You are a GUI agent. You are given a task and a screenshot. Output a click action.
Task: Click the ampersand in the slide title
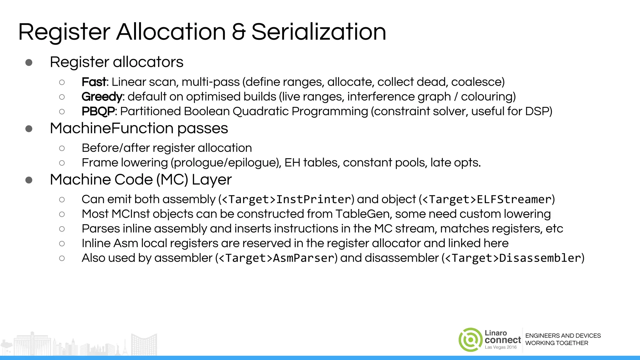[239, 32]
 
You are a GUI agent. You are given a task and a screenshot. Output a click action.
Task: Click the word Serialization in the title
[319, 32]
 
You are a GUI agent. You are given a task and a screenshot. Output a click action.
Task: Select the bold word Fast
[94, 82]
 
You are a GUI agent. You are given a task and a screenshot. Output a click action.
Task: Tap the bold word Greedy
[102, 97]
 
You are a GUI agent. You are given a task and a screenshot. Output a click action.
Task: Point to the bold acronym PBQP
[98, 111]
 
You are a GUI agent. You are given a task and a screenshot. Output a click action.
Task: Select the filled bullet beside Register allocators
[29, 62]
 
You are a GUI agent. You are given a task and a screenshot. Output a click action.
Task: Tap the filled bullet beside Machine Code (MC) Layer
[29, 180]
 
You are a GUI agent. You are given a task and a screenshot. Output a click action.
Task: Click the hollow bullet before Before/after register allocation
[62, 148]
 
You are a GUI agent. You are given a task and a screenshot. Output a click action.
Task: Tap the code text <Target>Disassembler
[513, 258]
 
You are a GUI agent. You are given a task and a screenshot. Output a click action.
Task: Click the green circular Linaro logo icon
[470, 340]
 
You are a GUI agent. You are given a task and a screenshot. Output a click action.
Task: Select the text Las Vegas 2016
[501, 347]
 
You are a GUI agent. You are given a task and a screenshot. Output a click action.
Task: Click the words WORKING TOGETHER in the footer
[557, 343]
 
